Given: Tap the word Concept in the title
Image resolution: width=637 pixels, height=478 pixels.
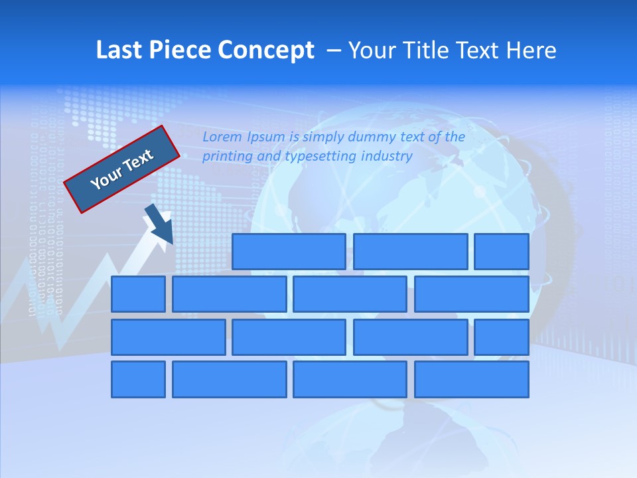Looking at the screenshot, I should pos(265,50).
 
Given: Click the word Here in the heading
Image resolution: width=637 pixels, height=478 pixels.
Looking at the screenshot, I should pos(530,50).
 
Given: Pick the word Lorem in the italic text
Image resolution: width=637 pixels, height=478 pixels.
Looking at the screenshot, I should pos(222,137).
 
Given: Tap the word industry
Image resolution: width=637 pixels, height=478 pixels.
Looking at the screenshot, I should pos(387,157).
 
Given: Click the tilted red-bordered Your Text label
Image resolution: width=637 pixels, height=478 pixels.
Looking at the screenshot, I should pos(122,169).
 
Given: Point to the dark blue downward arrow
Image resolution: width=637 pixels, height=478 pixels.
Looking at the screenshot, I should pos(159,224).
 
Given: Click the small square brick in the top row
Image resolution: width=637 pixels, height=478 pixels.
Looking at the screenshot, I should pos(502,252).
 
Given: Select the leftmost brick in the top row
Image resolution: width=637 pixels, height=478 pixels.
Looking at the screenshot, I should pos(289,252).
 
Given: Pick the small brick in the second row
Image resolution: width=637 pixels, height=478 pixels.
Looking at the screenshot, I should pos(138,294).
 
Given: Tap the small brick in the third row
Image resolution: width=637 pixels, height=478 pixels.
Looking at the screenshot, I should pos(502,337).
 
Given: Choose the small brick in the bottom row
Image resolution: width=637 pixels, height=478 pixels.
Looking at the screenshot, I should pos(138,379).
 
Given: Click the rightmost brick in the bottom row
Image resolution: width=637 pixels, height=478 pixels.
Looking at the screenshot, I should pos(472,379).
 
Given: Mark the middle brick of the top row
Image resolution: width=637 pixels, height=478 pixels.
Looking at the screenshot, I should pos(411,252).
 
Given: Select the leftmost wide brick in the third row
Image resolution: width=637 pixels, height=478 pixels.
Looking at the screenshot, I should pos(169,337).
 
